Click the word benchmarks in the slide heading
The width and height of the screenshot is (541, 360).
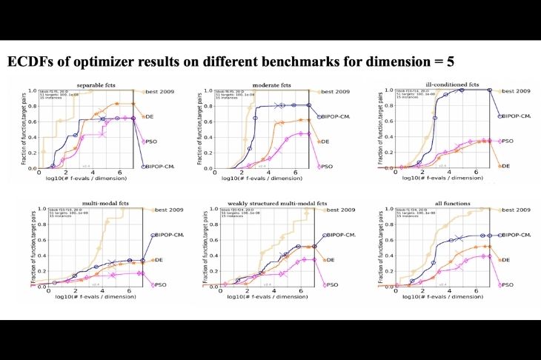(292, 61)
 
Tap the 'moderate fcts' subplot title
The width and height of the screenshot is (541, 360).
(271, 85)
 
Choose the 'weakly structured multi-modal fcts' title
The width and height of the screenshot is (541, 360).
(270, 204)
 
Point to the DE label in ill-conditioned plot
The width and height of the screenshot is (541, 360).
(505, 166)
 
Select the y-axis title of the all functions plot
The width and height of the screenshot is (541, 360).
(376, 248)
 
